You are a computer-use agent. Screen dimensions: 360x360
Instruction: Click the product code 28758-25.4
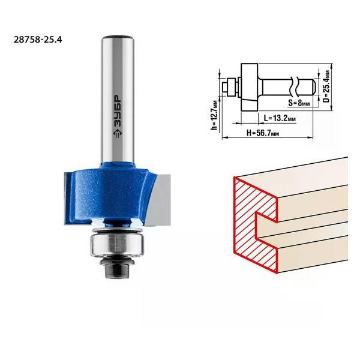(38, 40)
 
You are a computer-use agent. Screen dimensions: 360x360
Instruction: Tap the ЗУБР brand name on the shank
(118, 112)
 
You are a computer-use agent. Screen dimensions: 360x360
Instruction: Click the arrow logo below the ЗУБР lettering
(118, 135)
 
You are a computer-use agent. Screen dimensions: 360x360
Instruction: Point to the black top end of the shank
(118, 37)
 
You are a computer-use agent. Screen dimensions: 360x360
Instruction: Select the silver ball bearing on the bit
(117, 245)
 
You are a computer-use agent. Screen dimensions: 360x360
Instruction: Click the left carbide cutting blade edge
(68, 198)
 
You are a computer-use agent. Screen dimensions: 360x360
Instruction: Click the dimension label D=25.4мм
(326, 86)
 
